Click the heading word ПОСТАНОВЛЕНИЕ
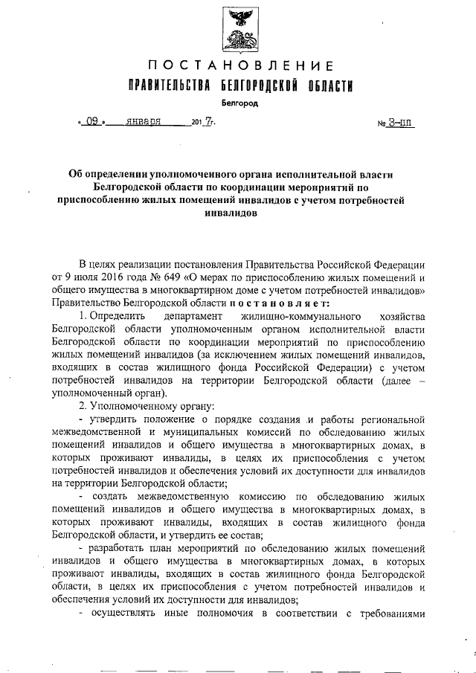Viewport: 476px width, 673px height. (x=237, y=66)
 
